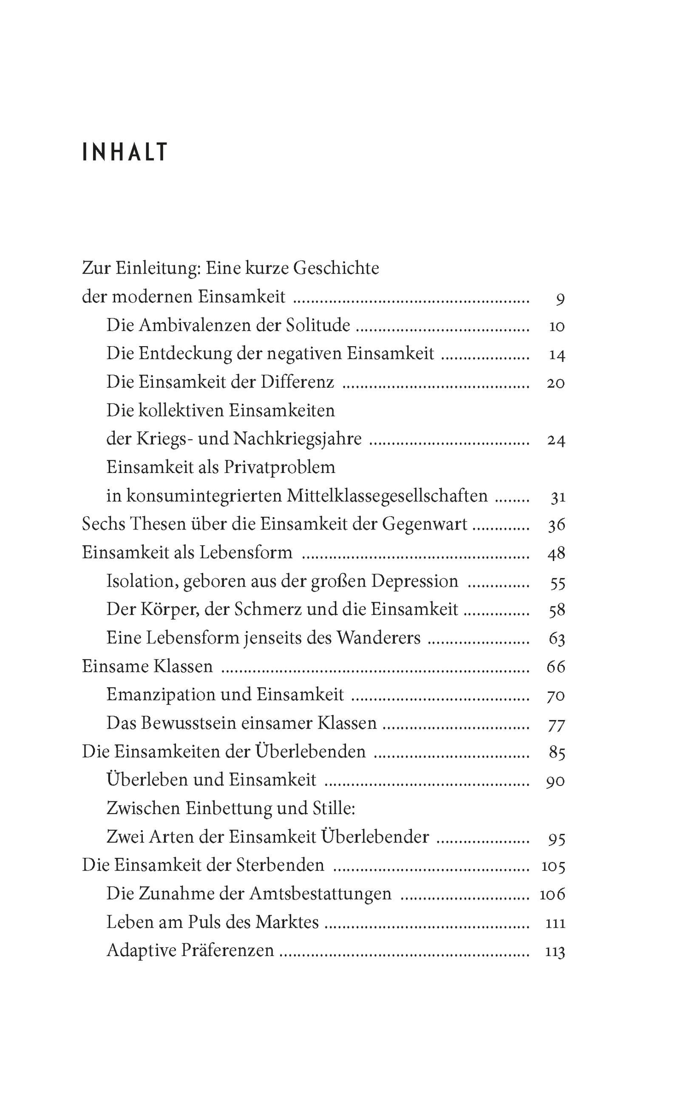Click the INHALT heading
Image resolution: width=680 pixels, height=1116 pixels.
pos(125,152)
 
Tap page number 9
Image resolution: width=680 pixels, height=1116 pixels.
pos(560,299)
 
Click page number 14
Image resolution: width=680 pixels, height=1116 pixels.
pos(556,355)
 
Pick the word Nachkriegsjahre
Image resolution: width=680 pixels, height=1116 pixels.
pos(297,439)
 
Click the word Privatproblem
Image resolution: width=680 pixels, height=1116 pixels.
pos(279,467)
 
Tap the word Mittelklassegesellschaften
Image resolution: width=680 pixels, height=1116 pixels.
pos(387,496)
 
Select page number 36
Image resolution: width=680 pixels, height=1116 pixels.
pos(556,524)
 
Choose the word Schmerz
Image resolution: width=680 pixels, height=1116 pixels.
pos(268,609)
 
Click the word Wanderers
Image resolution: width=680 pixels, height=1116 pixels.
pos(379,638)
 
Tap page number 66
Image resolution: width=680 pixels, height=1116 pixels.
pos(556,667)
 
